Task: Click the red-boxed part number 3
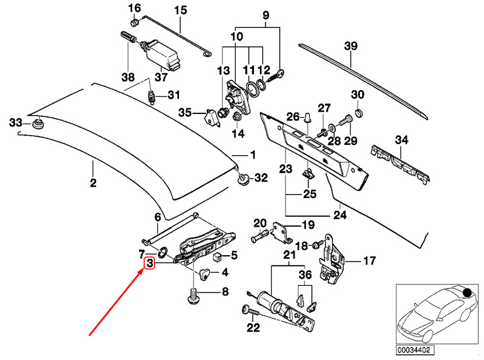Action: (x=150, y=263)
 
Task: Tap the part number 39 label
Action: (x=351, y=46)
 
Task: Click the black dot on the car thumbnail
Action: (x=467, y=292)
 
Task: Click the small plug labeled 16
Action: (x=135, y=22)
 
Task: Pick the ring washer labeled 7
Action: (x=162, y=252)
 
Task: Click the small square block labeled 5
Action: (x=218, y=256)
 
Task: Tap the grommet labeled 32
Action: (x=244, y=179)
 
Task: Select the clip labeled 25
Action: (x=308, y=174)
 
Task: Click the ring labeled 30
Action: (x=358, y=113)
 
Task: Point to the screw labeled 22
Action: (x=251, y=312)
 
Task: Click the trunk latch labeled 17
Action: (x=331, y=260)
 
